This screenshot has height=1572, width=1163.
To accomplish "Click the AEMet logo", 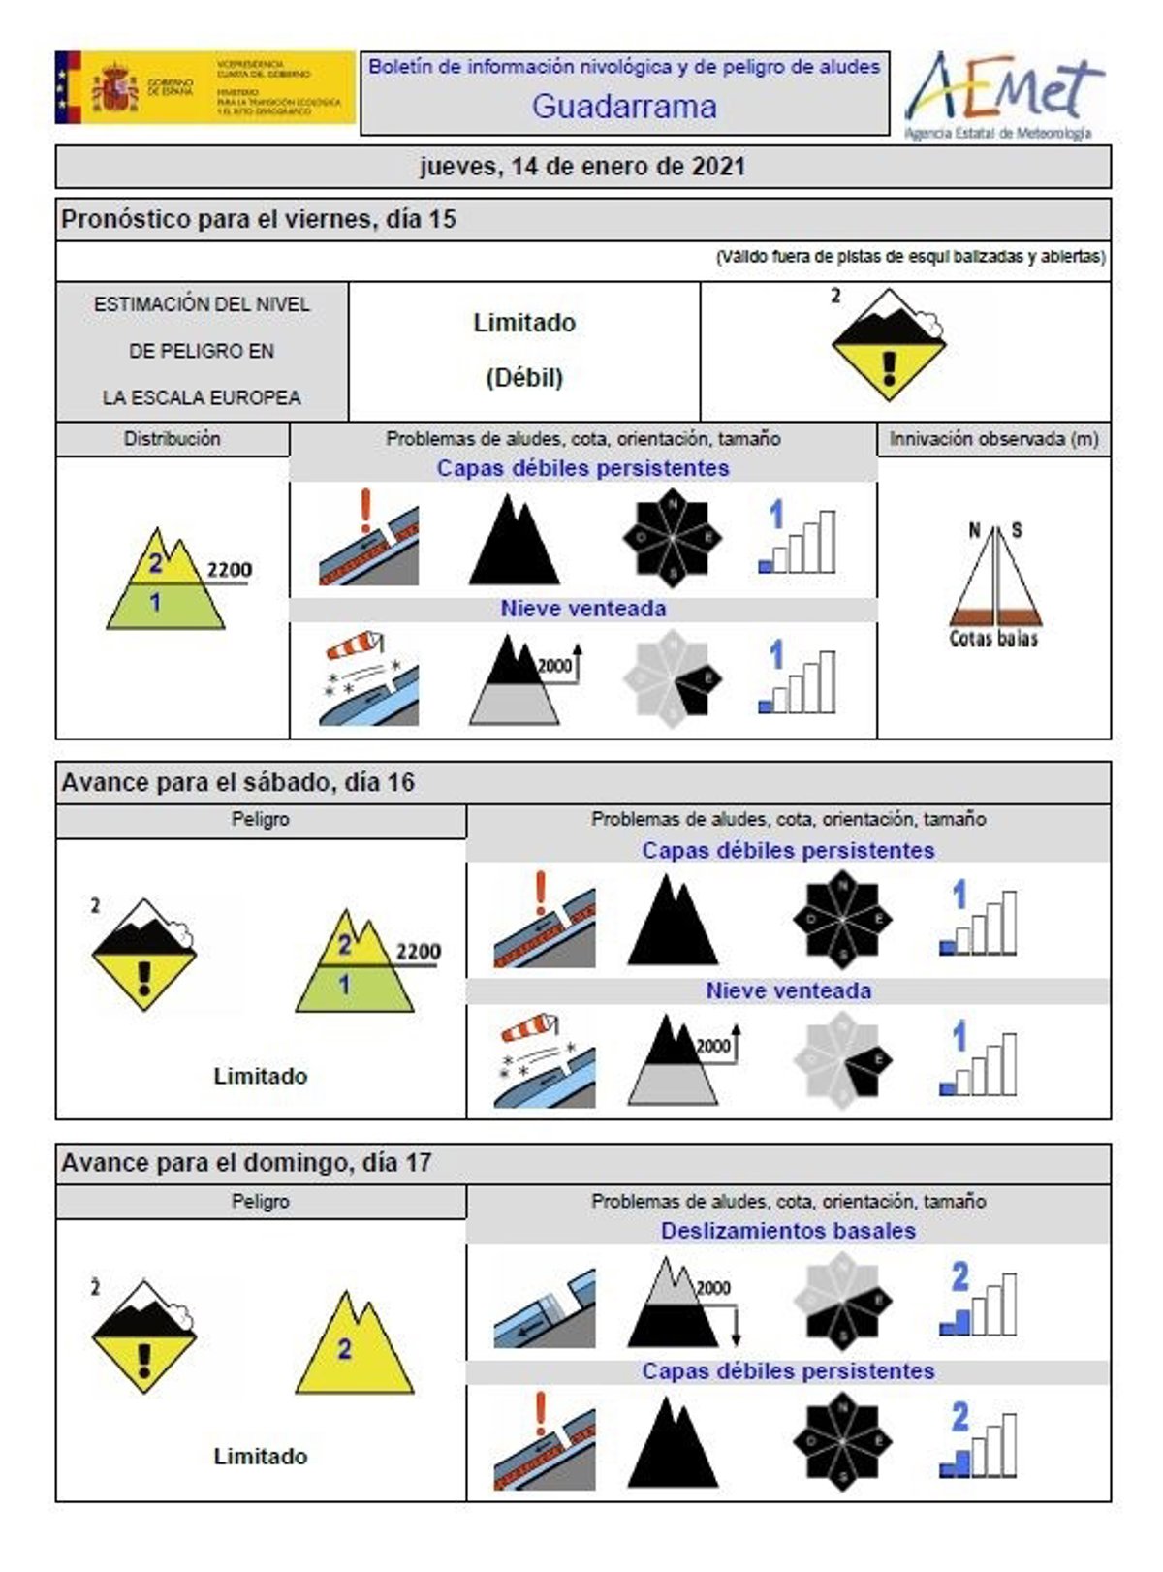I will (1002, 94).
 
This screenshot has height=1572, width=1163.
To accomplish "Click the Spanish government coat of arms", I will (115, 88).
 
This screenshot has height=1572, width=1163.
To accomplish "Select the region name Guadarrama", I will (624, 106).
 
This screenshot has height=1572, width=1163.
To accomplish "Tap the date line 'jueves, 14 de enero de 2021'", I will (582, 167).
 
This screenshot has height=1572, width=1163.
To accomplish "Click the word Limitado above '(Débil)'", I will (524, 323).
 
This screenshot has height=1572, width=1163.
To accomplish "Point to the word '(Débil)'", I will (524, 377).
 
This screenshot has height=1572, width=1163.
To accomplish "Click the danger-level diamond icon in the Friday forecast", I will (888, 344).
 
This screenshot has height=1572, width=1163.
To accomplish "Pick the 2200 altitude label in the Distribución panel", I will (229, 570).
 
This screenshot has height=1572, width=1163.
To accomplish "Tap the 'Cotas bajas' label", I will (993, 639).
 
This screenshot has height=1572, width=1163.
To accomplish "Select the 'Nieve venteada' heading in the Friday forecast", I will (582, 609).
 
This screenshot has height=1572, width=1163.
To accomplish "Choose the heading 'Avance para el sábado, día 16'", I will (237, 782).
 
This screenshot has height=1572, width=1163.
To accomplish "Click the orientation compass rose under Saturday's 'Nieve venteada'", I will (842, 1060).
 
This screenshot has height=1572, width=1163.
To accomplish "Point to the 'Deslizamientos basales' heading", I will (788, 1231).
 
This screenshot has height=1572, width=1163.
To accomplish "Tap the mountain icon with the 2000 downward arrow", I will (679, 1303).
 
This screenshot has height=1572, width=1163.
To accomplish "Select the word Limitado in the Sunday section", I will (260, 1456).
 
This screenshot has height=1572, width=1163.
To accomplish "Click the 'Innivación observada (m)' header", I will (993, 439).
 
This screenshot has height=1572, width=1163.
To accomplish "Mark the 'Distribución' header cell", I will (173, 439).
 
